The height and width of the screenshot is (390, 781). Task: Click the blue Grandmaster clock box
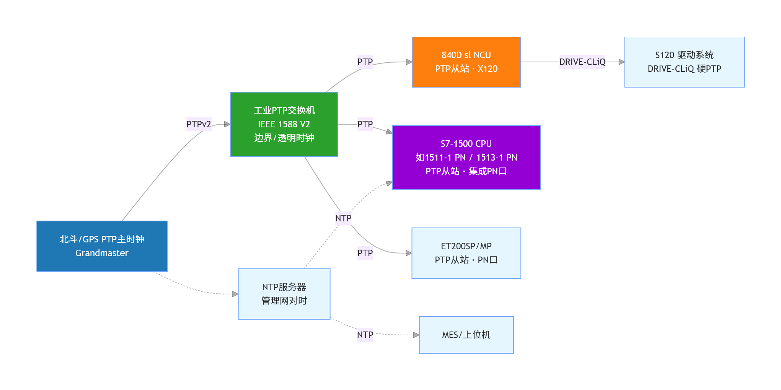(x=102, y=246)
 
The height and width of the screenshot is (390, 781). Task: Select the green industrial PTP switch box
(x=284, y=124)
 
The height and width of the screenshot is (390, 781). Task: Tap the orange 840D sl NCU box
(x=466, y=62)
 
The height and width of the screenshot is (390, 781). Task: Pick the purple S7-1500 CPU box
(x=466, y=158)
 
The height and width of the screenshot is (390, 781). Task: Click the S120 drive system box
(x=684, y=62)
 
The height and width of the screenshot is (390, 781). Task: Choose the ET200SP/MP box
(x=466, y=253)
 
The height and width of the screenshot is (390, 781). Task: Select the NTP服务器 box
(x=284, y=294)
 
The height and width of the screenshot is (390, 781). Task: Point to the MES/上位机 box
(x=466, y=335)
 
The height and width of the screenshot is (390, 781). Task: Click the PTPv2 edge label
(x=199, y=124)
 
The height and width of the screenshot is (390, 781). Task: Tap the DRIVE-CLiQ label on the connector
(x=582, y=62)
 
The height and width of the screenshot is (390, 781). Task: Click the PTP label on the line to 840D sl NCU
(x=365, y=62)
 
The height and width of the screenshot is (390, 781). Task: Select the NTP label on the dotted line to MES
(x=365, y=335)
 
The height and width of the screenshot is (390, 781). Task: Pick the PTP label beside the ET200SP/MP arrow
(x=365, y=253)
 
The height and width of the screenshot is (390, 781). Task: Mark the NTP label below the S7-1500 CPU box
(x=343, y=218)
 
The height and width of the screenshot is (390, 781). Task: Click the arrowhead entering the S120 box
(x=622, y=62)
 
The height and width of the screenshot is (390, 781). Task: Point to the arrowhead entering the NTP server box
(x=235, y=294)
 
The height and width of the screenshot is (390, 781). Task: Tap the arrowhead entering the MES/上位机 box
(x=416, y=335)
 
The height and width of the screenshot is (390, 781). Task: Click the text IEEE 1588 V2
(x=284, y=124)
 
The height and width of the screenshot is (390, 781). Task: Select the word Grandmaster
(x=102, y=253)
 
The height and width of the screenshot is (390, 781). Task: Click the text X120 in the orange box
(x=488, y=69)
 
